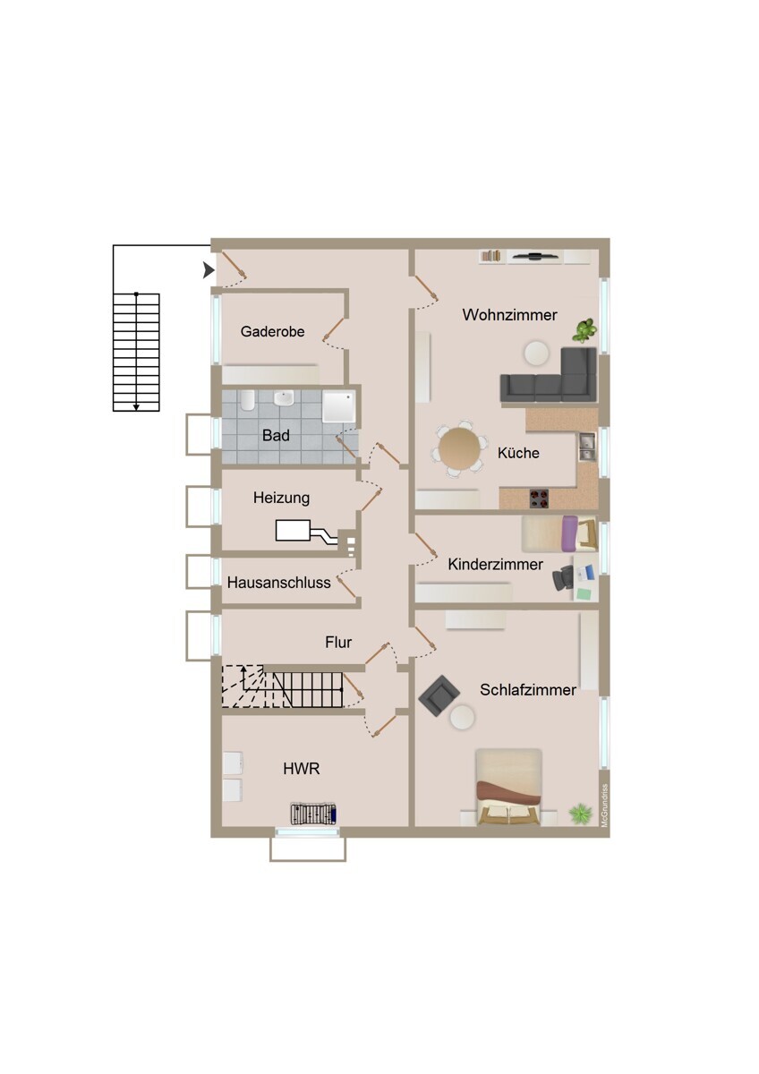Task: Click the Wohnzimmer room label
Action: point(509,315)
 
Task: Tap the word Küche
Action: point(518,453)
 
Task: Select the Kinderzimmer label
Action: point(495,565)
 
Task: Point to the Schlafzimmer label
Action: point(528,690)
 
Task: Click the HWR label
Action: point(302,768)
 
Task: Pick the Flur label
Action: point(338,642)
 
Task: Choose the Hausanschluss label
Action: point(278,583)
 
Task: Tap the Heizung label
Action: point(281,498)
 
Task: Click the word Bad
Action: point(276,436)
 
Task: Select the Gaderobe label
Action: point(272,332)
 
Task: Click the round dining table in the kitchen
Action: point(458,447)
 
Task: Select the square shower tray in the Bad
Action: point(338,407)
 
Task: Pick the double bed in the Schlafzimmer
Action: point(508,786)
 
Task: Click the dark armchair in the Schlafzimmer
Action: point(439,695)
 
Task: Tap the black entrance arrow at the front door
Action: point(209,269)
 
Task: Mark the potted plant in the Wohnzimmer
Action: point(584,331)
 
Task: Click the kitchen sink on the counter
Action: point(586,446)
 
